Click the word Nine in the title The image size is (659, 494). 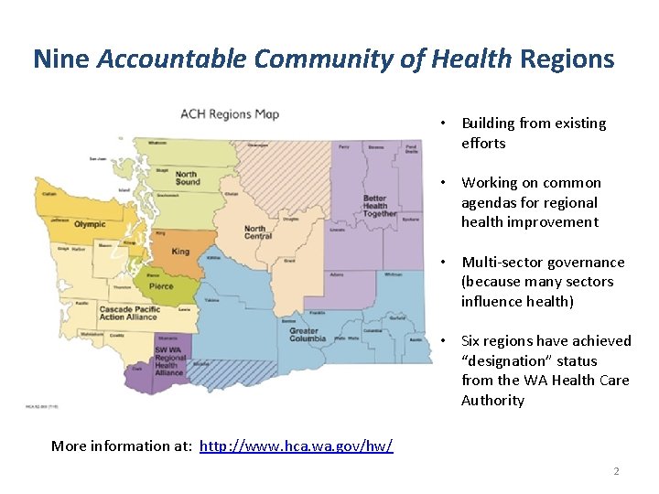pyautogui.click(x=62, y=59)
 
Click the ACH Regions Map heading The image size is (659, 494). pyautogui.click(x=230, y=114)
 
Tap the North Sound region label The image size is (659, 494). pyautogui.click(x=187, y=177)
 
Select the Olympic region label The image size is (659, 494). pyautogui.click(x=91, y=224)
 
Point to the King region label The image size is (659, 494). pyautogui.click(x=180, y=252)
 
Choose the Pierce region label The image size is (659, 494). pyautogui.click(x=161, y=286)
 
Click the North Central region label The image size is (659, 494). pyautogui.click(x=258, y=232)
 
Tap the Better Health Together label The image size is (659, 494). pyautogui.click(x=374, y=206)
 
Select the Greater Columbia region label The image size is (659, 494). pyautogui.click(x=308, y=334)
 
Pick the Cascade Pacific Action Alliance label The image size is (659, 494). pyautogui.click(x=129, y=314)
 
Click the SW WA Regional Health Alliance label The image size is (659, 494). pyautogui.click(x=169, y=361)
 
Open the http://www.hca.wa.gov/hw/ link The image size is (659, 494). pyautogui.click(x=296, y=446)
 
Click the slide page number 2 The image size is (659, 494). pyautogui.click(x=616, y=471)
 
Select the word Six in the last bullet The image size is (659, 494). pyautogui.click(x=472, y=341)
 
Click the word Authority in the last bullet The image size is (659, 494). pyautogui.click(x=492, y=401)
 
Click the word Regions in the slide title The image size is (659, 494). pyautogui.click(x=567, y=59)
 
